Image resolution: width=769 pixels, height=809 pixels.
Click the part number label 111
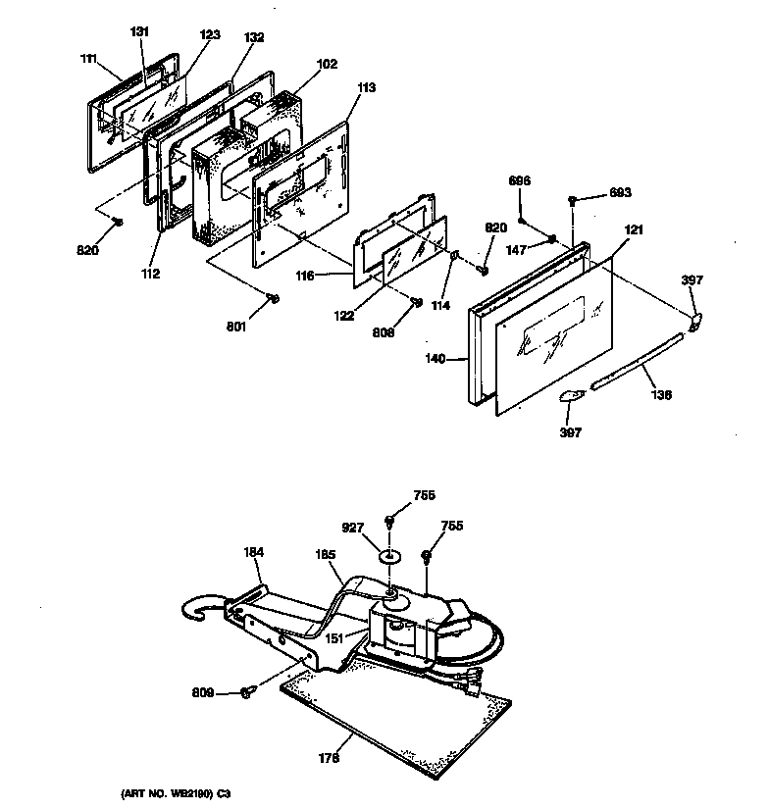point(89,58)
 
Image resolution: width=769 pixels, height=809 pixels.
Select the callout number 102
point(327,65)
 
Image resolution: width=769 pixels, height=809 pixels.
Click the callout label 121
point(635,229)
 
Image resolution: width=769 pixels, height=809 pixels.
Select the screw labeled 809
point(246,694)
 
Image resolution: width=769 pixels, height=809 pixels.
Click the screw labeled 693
point(572,201)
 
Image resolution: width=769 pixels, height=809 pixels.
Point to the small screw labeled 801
point(274,298)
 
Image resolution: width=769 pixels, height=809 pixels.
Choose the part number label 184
point(253,553)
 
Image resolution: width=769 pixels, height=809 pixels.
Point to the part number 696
point(519,181)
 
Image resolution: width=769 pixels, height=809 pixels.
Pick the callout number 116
point(304,277)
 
